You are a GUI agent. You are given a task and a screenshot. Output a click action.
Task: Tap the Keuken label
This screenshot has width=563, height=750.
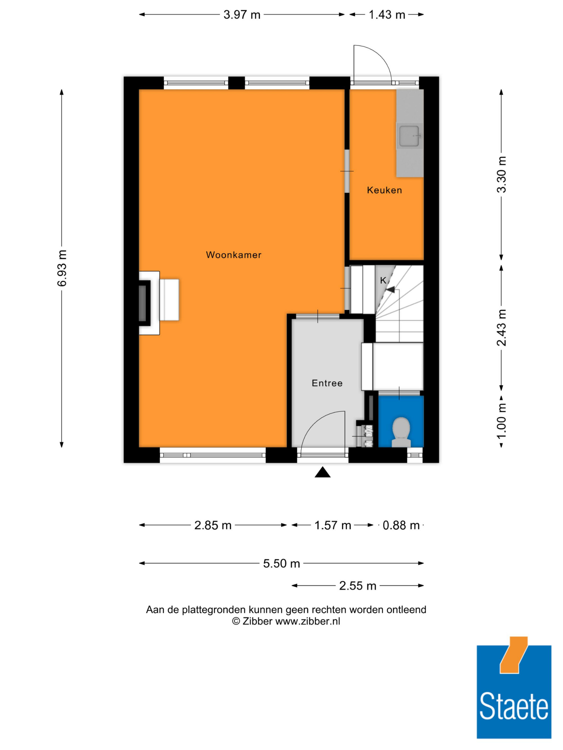(x=384, y=190)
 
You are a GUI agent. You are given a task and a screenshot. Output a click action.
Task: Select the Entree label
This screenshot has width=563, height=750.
(x=327, y=383)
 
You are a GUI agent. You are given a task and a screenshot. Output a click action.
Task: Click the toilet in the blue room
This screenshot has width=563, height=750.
(x=401, y=432)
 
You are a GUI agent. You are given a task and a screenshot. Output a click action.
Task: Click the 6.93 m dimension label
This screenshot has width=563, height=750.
(x=62, y=268)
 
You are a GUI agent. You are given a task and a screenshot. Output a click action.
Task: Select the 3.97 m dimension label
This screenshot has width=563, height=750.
(x=242, y=15)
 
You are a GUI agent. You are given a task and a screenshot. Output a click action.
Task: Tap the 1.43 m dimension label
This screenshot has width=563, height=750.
(x=386, y=15)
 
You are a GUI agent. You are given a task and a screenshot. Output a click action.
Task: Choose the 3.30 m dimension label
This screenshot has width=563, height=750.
(x=501, y=174)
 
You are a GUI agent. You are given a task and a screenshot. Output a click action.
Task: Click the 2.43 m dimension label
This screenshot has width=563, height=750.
(x=501, y=328)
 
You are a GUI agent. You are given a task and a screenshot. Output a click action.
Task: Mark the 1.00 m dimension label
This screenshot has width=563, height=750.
(x=501, y=420)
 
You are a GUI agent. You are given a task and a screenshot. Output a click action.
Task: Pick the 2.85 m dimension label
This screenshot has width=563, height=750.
(x=213, y=525)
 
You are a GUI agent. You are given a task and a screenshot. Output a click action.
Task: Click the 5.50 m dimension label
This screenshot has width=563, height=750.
(x=281, y=563)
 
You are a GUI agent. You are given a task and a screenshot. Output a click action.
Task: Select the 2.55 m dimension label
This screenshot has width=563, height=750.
(x=358, y=585)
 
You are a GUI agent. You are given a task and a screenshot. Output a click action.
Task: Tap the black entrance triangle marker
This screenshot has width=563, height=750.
(x=322, y=473)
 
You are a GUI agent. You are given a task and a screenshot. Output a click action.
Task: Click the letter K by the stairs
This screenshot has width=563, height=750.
(x=383, y=280)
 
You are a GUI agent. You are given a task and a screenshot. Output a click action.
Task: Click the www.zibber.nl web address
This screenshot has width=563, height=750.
(x=307, y=621)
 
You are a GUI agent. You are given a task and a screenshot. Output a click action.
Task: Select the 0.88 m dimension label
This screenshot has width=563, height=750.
(x=401, y=525)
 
